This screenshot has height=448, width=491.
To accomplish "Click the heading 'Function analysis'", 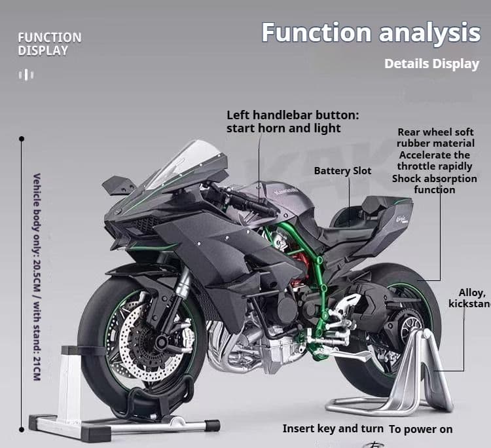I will [371, 32].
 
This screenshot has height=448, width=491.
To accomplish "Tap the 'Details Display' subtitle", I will [431, 64].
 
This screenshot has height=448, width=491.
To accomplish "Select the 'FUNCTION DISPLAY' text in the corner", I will [50, 43].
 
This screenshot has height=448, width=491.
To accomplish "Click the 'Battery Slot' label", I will [342, 171].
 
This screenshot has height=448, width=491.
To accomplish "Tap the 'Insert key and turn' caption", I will [333, 428].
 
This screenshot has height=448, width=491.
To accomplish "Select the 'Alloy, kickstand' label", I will [469, 298].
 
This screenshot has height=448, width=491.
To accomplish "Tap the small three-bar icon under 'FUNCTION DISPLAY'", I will [26, 75].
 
